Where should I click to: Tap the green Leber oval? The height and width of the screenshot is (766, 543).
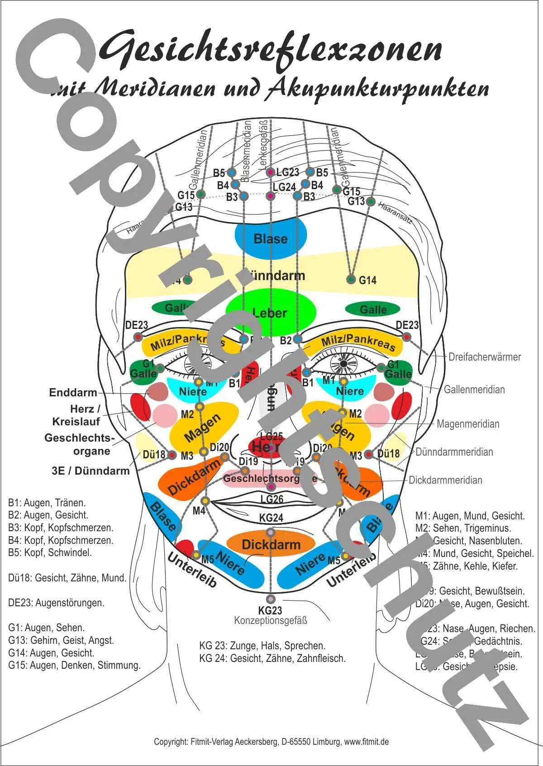pyautogui.click(x=270, y=312)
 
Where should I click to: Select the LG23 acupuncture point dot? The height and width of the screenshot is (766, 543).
pyautogui.click(x=270, y=172)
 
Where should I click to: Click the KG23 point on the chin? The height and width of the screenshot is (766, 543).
pyautogui.click(x=271, y=599)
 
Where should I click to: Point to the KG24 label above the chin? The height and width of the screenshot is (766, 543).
pyautogui.click(x=271, y=518)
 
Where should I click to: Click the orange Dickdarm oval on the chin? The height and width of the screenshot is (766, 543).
pyautogui.click(x=271, y=544)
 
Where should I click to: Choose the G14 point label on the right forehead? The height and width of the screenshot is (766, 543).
pyautogui.click(x=367, y=281)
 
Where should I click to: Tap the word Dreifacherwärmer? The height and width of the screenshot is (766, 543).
pyautogui.click(x=485, y=357)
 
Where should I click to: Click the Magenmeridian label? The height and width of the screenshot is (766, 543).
pyautogui.click(x=468, y=424)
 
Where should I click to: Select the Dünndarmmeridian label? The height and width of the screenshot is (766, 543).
pyautogui.click(x=454, y=452)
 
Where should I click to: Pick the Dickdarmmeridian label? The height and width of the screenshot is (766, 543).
pyautogui.click(x=445, y=480)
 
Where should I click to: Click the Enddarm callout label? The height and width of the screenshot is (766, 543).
pyautogui.click(x=73, y=392)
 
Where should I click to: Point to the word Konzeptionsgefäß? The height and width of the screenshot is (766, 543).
pyautogui.click(x=271, y=620)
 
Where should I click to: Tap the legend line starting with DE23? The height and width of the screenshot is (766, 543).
pyautogui.click(x=56, y=603)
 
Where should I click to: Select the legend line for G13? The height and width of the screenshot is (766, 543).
pyautogui.click(x=61, y=640)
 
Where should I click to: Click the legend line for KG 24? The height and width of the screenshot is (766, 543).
pyautogui.click(x=272, y=658)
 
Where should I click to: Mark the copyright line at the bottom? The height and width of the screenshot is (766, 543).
pyautogui.click(x=271, y=742)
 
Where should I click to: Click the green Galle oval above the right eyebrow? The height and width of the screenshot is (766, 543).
pyautogui.click(x=373, y=309)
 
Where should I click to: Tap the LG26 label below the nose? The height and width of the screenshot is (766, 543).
pyautogui.click(x=272, y=499)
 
